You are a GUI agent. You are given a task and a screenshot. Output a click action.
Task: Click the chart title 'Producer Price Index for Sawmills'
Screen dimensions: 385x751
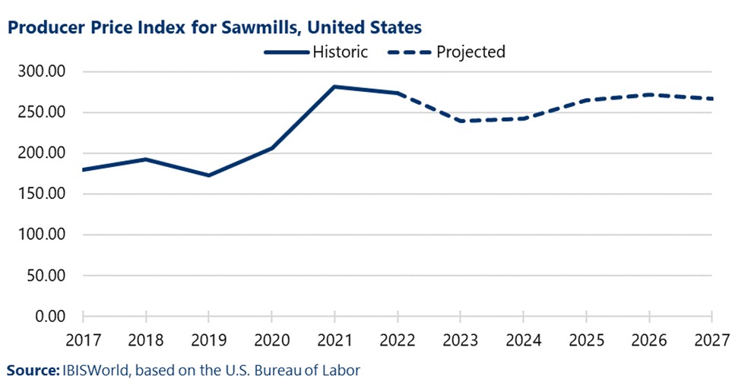(x=214, y=27)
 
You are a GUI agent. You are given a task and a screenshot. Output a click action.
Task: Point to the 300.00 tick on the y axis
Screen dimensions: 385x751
(x=46, y=72)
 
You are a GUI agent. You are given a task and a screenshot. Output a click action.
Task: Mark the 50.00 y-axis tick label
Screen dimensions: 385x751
(x=49, y=276)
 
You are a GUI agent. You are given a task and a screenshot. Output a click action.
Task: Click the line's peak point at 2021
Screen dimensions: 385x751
(x=334, y=87)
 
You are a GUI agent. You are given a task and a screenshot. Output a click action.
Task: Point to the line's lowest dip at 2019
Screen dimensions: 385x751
(x=209, y=175)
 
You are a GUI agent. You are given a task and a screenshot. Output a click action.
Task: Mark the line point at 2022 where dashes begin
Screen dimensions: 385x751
(x=398, y=93)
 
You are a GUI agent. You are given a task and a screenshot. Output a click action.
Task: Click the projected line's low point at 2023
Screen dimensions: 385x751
(x=461, y=121)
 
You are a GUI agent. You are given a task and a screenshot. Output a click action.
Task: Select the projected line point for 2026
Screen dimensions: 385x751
(x=649, y=95)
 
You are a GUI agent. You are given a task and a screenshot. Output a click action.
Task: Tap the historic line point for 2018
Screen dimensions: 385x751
(x=146, y=159)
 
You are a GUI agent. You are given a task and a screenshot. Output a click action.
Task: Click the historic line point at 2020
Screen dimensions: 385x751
(x=272, y=148)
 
